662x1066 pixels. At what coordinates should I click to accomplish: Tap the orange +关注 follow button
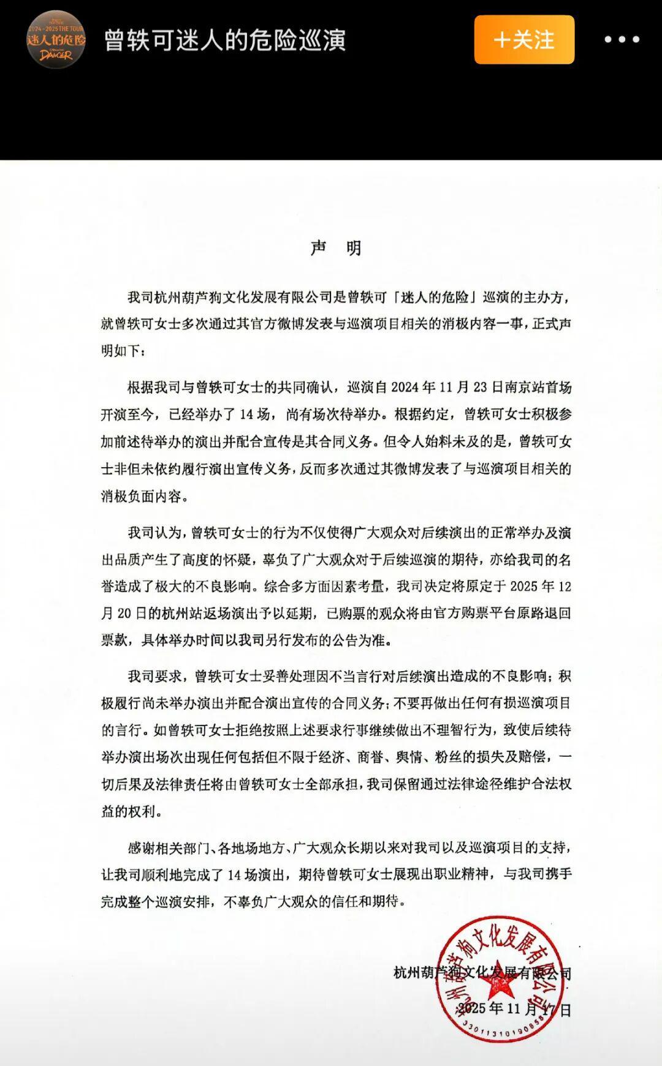[524, 40]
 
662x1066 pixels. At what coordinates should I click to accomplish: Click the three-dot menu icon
[622, 40]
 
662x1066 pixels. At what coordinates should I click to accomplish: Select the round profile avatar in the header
[56, 40]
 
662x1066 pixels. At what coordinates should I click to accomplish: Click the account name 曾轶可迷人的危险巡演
[225, 40]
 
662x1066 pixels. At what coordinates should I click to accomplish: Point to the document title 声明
[336, 248]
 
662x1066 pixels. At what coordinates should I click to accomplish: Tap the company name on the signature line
[482, 972]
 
